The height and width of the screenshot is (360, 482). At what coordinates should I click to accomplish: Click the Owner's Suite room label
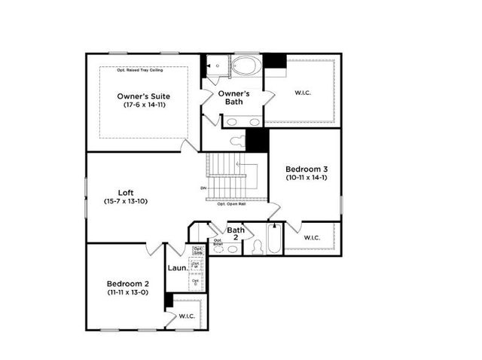(x=143, y=96)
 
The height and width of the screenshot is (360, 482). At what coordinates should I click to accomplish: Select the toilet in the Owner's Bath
(x=237, y=140)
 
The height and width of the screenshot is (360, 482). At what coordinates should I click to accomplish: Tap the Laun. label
(x=176, y=267)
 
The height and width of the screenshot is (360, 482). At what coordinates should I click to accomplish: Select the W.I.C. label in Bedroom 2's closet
(x=187, y=316)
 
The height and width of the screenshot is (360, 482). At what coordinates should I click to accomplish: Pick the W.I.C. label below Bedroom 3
(x=313, y=238)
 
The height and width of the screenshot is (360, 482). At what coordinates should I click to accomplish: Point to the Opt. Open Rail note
(x=232, y=204)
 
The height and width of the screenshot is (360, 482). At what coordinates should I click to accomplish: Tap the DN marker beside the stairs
(x=203, y=188)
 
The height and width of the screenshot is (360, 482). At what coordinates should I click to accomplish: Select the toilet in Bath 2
(x=258, y=247)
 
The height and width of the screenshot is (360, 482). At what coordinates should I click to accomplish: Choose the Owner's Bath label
(x=233, y=98)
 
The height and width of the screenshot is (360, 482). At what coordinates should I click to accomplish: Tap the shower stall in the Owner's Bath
(x=216, y=66)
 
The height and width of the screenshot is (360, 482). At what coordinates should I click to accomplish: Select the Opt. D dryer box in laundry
(x=196, y=282)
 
